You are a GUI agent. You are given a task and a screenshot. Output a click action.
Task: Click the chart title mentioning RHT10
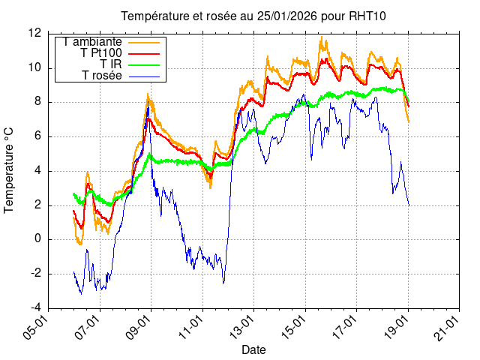pyautogui.click(x=254, y=16)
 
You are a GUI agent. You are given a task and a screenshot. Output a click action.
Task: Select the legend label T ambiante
pyautogui.click(x=92, y=42)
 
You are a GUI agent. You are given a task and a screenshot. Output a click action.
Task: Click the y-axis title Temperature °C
pyautogui.click(x=10, y=170)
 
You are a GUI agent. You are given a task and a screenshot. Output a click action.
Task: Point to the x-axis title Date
pyautogui.click(x=253, y=349)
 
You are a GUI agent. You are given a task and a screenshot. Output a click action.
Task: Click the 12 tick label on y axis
pyautogui.click(x=34, y=33)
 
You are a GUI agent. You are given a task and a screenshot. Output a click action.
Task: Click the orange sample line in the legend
pyautogui.click(x=144, y=42)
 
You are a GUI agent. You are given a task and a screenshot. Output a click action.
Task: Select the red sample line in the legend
pyautogui.click(x=144, y=53)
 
